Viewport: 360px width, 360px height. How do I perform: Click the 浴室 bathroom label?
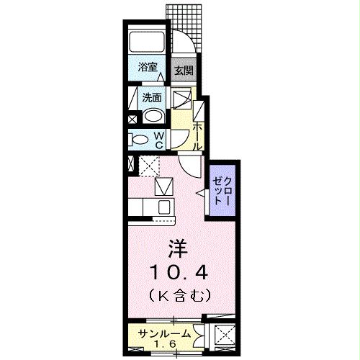(148, 68)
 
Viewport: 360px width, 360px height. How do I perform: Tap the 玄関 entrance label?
(184, 71)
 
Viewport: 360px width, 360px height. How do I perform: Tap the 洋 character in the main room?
(178, 248)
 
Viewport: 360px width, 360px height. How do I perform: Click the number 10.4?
(179, 272)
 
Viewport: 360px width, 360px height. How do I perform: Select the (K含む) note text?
(179, 295)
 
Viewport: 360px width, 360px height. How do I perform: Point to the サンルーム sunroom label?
(165, 333)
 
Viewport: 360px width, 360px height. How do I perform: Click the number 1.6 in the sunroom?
(165, 344)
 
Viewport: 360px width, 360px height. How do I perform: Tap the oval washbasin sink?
(153, 116)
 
